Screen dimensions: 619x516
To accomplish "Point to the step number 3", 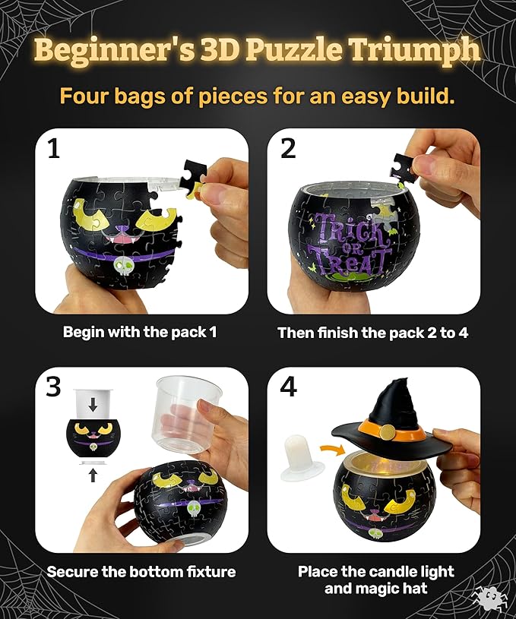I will click(x=53, y=387).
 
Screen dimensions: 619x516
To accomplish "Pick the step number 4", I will click(x=288, y=387).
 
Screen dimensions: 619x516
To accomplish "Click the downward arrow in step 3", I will click(x=92, y=405).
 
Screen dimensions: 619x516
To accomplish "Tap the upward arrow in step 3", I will click(x=92, y=475).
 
